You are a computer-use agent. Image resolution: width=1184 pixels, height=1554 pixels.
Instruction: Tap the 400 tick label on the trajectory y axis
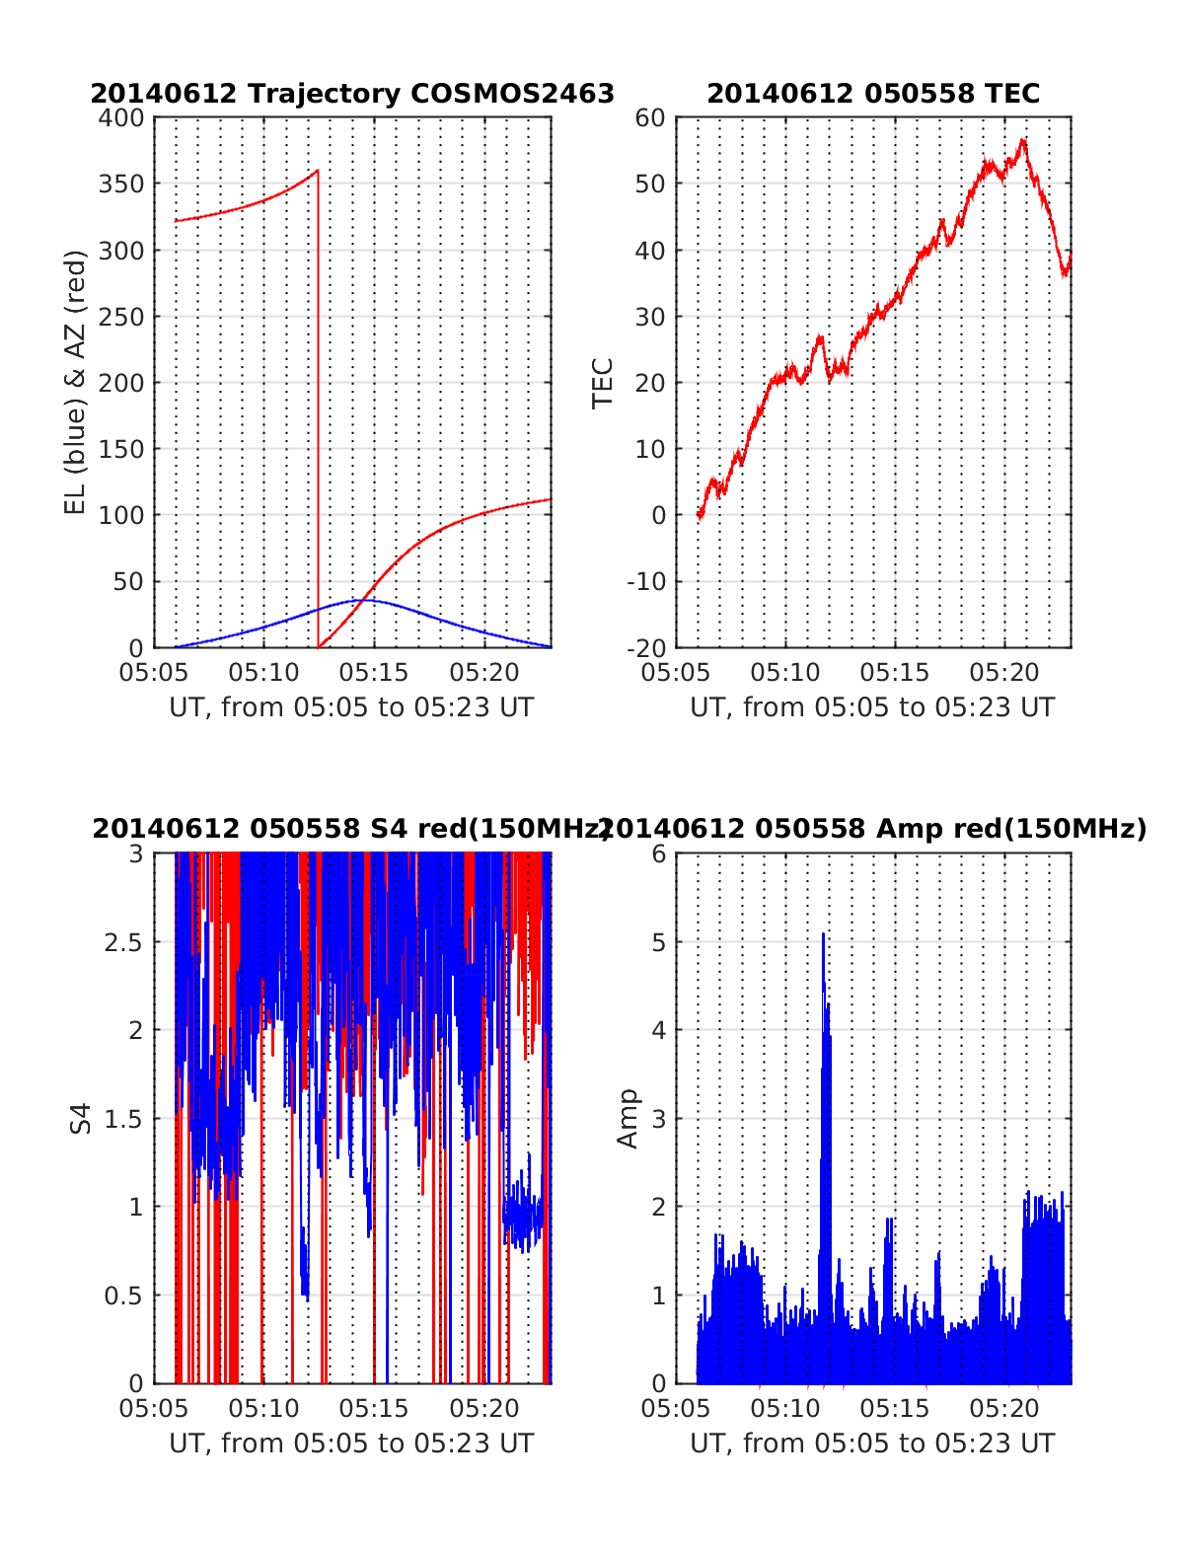[121, 118]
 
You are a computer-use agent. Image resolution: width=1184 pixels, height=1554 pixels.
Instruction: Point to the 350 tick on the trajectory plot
[121, 185]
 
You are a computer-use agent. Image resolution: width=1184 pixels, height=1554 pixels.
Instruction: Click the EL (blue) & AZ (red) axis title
[76, 382]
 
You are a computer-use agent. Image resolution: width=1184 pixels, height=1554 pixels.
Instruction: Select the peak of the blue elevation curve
[361, 599]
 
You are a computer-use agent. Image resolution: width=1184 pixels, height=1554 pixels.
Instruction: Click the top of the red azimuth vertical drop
[318, 171]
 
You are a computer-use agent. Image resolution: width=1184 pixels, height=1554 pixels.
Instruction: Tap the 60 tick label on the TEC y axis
[651, 118]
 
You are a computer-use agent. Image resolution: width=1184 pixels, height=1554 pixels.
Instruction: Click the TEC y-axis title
[603, 383]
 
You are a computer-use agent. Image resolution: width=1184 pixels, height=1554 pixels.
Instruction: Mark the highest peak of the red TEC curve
[1023, 140]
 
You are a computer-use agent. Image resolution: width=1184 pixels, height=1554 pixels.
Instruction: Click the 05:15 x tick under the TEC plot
[895, 674]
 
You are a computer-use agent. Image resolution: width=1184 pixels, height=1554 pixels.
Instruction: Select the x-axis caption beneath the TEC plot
[872, 707]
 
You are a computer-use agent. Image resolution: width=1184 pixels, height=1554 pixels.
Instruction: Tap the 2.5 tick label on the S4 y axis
[123, 942]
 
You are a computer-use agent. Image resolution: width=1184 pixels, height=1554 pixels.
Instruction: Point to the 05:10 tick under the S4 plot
[263, 1409]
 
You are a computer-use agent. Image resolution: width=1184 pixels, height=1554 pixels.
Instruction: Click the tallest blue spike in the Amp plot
[823, 934]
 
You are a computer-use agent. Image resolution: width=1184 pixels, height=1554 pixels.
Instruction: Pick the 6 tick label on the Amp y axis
[659, 854]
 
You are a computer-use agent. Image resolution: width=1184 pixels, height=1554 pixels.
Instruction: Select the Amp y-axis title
[628, 1118]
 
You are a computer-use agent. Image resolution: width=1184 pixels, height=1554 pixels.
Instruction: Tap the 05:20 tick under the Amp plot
[1005, 1409]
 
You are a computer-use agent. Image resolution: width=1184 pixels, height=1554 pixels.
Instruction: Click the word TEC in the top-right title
[1013, 94]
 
